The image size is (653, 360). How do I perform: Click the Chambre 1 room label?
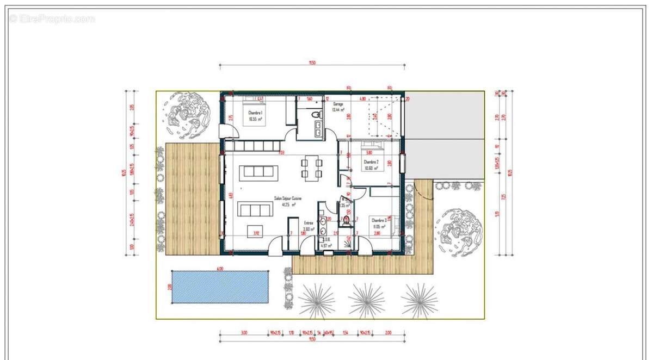click(x=255, y=115)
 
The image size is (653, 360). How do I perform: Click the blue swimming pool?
click(x=220, y=287)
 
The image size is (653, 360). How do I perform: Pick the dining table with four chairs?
click(x=312, y=167)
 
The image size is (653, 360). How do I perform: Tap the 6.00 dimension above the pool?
click(x=220, y=268)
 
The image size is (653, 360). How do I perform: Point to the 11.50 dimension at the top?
click(x=312, y=63)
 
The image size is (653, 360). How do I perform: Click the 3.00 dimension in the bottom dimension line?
click(x=243, y=332)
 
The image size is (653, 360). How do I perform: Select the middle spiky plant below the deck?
click(x=366, y=300)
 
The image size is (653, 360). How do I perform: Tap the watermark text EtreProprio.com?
click(x=52, y=18)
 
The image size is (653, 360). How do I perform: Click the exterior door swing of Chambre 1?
click(x=227, y=131)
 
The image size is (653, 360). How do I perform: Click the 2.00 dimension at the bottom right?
click(x=387, y=332)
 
